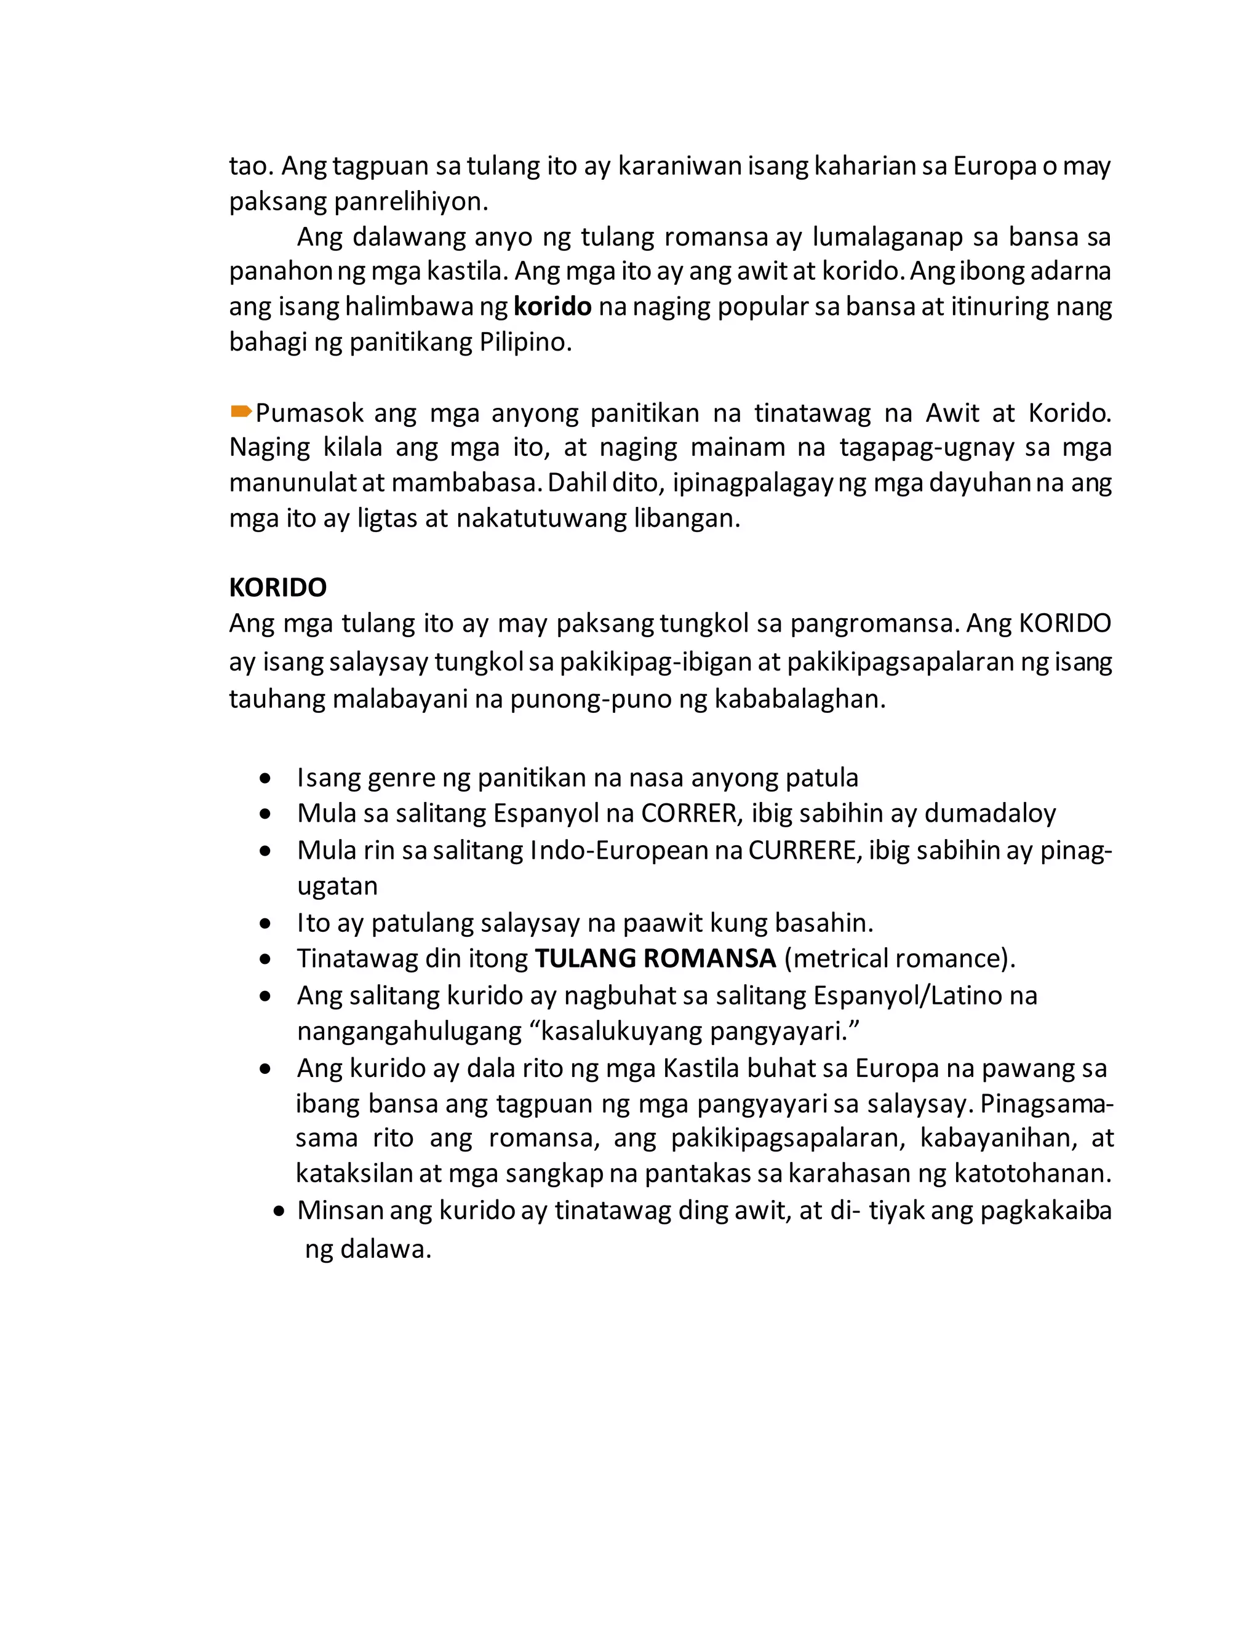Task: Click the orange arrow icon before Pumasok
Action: tap(241, 411)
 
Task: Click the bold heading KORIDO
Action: tap(277, 587)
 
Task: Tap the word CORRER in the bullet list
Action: tap(689, 813)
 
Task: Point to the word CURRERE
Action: tap(802, 850)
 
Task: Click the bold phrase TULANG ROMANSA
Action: tap(655, 958)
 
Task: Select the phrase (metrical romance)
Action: tap(899, 958)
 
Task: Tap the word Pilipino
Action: tap(525, 343)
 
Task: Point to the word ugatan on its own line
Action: tap(337, 886)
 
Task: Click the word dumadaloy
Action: tap(990, 813)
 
